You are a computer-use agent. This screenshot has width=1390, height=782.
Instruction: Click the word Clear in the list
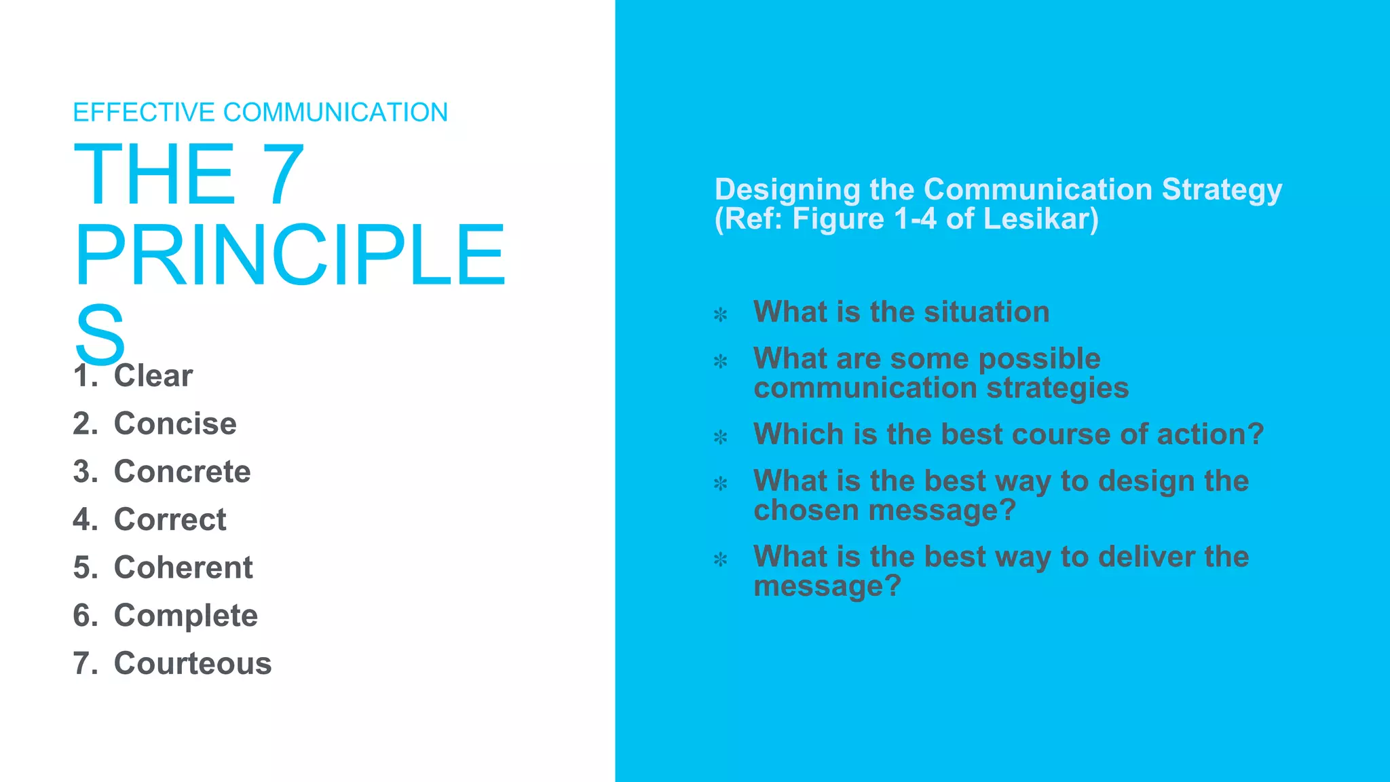coord(153,375)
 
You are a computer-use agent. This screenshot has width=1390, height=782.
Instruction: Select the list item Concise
coord(175,424)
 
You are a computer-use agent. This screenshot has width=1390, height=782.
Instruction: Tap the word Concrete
coord(182,472)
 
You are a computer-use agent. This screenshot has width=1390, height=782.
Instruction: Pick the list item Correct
coord(170,519)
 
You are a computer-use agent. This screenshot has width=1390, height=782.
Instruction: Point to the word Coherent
coord(183,567)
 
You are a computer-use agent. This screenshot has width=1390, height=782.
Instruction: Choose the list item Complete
coord(185,616)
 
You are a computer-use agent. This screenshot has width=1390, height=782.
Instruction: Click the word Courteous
coord(192,663)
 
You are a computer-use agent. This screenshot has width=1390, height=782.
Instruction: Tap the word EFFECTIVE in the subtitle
coord(144,113)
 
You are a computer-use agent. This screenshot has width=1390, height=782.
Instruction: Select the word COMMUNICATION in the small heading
coord(335,113)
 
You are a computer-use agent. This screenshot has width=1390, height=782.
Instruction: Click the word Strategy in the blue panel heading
coord(1222,189)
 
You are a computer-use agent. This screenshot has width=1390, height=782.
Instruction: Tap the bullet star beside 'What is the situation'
coord(720,314)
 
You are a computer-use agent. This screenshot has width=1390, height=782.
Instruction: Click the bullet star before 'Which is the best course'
coord(720,436)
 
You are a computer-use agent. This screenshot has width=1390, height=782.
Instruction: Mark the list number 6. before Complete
coord(86,616)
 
